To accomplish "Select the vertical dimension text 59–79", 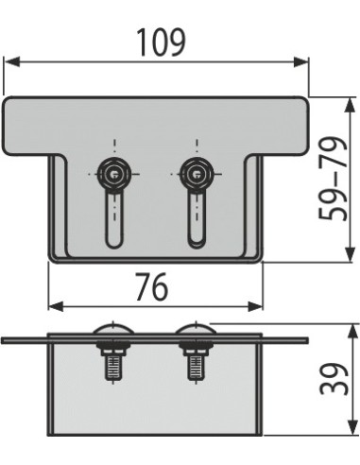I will [x=333, y=179].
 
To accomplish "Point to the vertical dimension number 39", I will [x=332, y=388].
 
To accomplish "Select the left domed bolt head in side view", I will [x=113, y=330].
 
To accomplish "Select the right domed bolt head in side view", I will [x=196, y=330].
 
